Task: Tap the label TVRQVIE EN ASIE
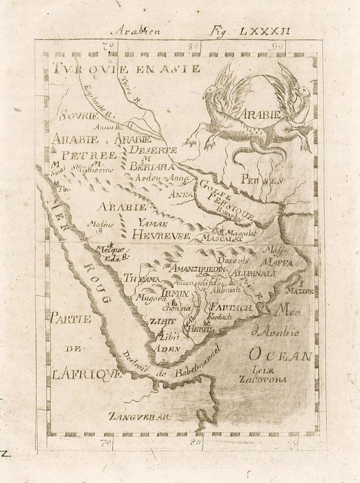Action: coord(127,69)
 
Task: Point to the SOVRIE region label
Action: coord(79,116)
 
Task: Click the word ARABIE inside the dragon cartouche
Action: coord(259,115)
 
